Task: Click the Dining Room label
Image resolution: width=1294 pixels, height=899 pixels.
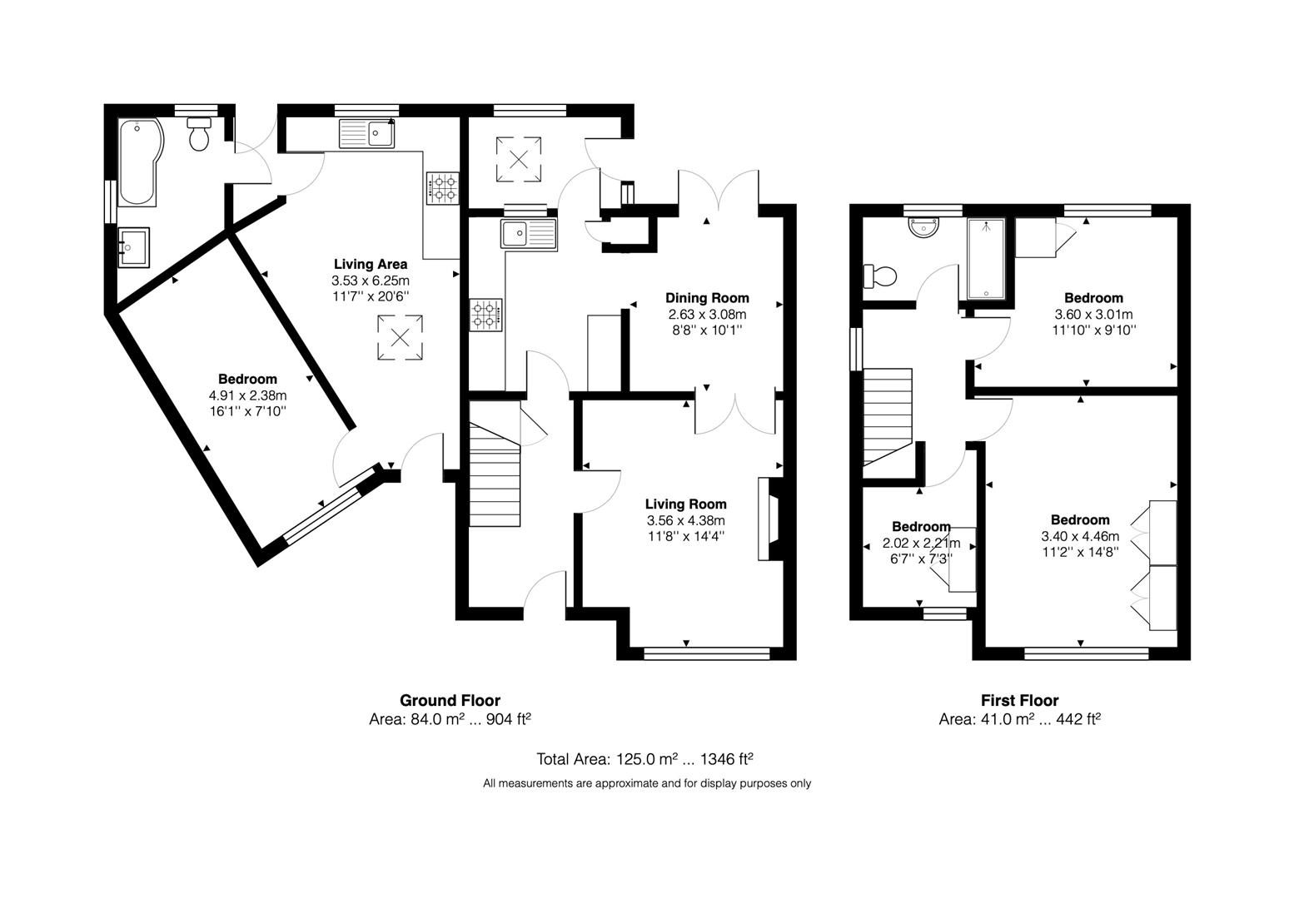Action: tap(707, 298)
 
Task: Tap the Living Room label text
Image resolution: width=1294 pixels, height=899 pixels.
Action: tap(686, 504)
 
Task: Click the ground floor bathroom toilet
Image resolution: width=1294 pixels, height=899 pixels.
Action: tap(199, 135)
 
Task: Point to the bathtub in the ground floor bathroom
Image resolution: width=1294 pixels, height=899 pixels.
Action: tap(138, 162)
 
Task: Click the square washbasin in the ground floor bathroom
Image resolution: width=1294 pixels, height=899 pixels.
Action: tap(133, 247)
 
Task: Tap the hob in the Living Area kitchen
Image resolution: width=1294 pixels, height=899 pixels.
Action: tap(442, 188)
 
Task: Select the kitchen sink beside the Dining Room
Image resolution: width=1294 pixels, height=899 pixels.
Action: tap(528, 234)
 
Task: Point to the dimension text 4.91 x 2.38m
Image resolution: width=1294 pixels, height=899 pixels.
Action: tap(247, 395)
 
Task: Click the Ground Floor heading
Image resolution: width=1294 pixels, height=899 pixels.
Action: tap(450, 700)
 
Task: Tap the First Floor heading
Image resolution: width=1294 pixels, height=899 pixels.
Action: tap(1019, 700)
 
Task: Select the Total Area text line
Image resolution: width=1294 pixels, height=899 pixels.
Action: tap(645, 759)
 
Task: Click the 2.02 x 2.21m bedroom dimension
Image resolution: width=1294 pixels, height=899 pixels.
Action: tap(921, 543)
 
